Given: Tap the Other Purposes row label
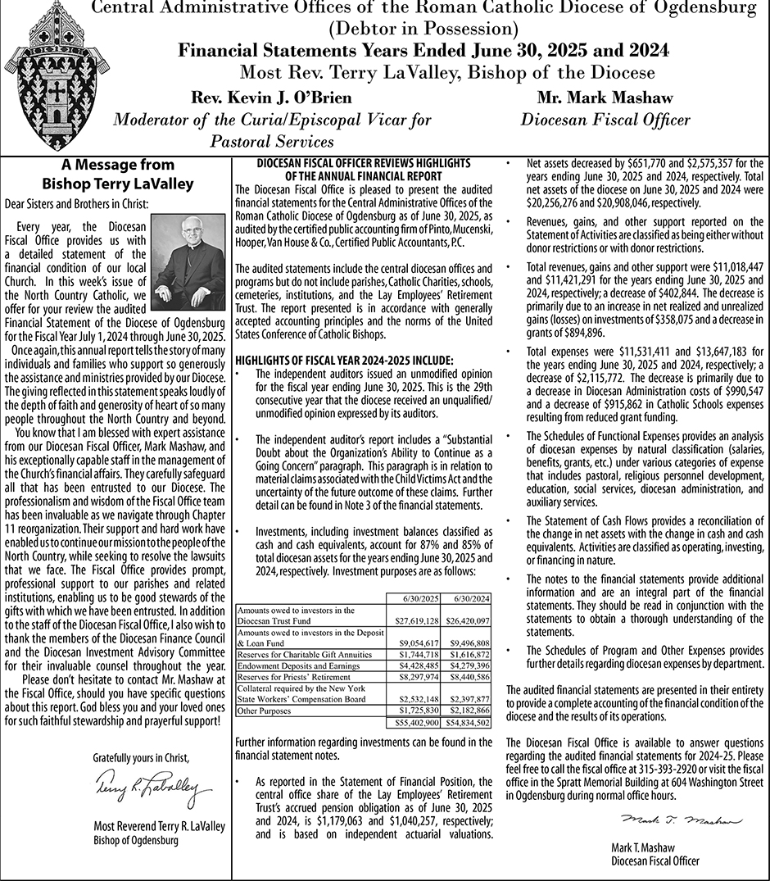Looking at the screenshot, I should coord(259,711).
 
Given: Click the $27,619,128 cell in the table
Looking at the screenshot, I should coord(413,620).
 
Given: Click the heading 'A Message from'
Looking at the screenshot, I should coord(118,166).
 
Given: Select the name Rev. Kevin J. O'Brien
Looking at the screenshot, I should coord(271,98).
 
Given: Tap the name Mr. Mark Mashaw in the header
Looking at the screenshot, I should coord(605,98).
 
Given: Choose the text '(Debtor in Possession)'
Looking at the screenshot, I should coord(423,29).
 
